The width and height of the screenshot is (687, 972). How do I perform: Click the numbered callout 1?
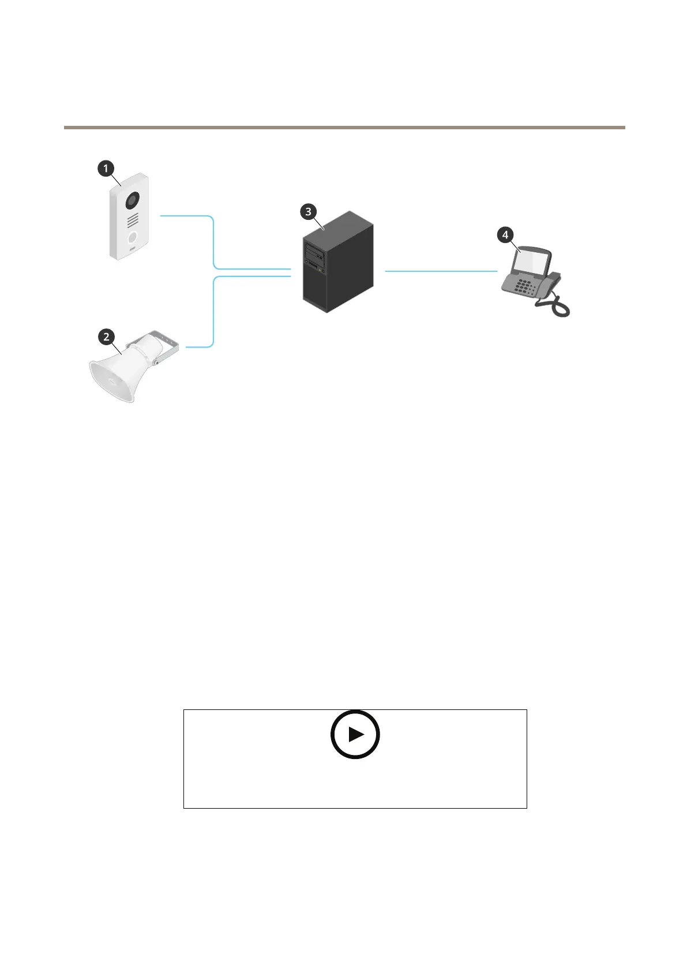click(106, 169)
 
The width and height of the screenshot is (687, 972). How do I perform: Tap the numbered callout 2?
click(106, 337)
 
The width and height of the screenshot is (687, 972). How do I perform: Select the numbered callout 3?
click(308, 212)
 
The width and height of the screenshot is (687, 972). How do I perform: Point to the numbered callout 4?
click(505, 235)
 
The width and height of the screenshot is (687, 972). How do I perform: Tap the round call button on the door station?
click(133, 238)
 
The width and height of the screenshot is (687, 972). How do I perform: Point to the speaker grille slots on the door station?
click(133, 220)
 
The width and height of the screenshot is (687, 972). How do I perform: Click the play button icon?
click(355, 734)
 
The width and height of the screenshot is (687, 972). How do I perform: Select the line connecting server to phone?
click(441, 271)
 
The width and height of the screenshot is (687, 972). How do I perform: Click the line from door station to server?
click(214, 242)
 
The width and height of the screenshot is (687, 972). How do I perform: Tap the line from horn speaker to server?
click(214, 312)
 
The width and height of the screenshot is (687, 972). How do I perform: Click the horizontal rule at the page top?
click(344, 127)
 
